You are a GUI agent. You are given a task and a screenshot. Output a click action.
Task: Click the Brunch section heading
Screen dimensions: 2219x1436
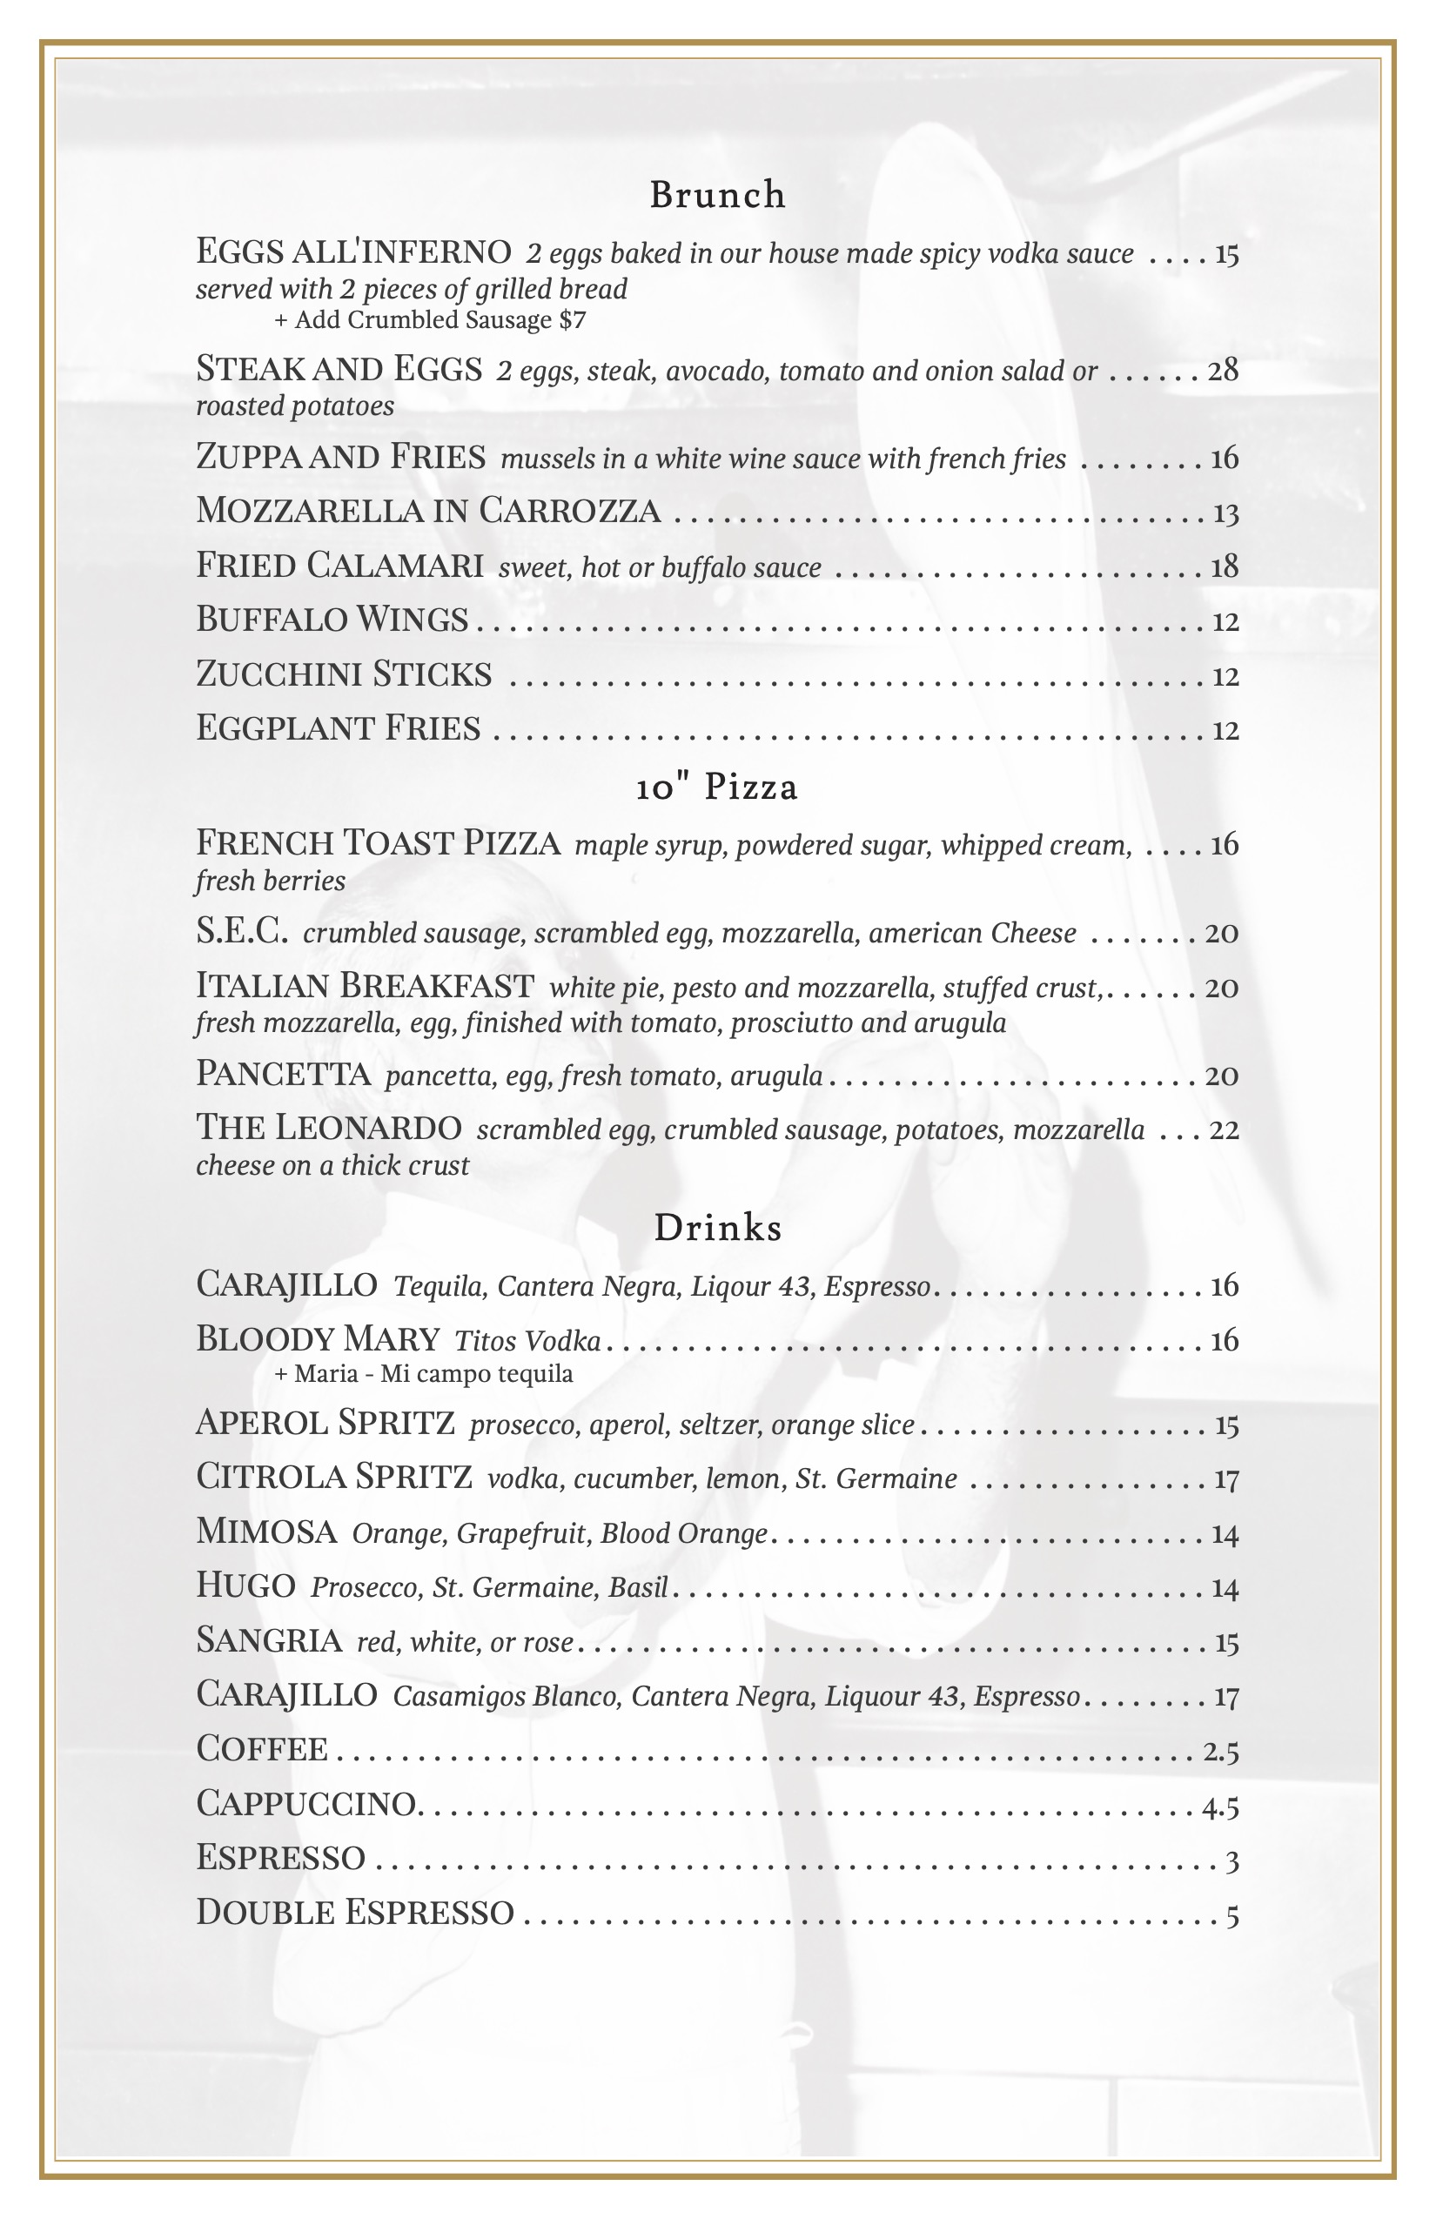coord(717,195)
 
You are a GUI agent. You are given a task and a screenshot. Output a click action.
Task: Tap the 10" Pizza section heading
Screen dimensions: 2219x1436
coord(717,788)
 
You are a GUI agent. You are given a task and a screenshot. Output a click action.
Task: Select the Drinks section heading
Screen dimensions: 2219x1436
coord(717,1228)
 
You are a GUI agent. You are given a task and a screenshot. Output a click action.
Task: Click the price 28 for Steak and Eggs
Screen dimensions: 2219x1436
coord(1224,371)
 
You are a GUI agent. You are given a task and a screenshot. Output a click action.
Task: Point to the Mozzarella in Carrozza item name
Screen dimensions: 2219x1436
coord(428,511)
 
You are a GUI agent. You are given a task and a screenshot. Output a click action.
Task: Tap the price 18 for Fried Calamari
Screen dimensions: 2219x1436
coord(1225,566)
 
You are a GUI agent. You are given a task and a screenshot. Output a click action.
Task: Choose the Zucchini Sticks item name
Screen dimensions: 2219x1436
coord(343,674)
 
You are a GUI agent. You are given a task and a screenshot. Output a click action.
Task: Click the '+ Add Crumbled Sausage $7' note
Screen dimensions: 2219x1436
coord(430,321)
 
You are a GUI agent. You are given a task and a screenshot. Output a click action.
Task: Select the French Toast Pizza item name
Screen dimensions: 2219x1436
coord(378,843)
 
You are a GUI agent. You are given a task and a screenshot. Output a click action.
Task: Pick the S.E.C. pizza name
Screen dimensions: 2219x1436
coord(242,931)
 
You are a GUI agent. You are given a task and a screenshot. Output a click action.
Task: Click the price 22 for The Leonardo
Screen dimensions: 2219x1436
coord(1224,1130)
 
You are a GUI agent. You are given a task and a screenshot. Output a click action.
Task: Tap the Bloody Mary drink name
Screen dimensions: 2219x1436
coord(317,1340)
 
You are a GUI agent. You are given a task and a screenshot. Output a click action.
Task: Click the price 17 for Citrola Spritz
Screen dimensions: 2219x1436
coord(1225,1478)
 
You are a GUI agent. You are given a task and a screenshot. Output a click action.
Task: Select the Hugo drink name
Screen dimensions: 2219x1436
coord(245,1585)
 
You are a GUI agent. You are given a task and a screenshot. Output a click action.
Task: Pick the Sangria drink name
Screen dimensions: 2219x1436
coord(269,1640)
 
